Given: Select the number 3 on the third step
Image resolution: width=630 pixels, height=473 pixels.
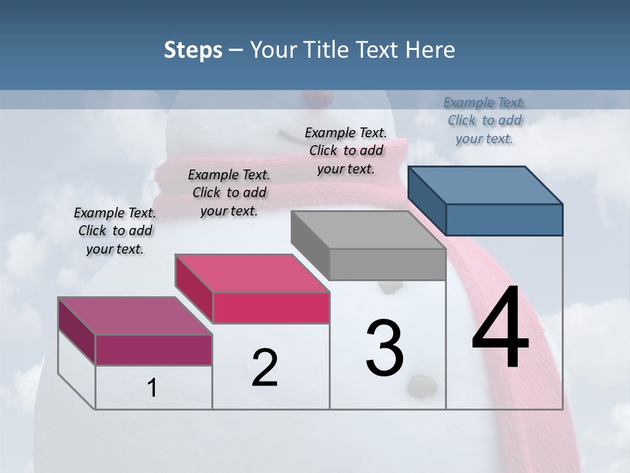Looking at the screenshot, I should point(384,348).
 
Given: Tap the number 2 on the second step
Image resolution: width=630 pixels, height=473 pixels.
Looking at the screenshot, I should point(264,367).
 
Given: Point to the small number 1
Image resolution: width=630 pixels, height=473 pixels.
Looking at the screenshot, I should point(152,388).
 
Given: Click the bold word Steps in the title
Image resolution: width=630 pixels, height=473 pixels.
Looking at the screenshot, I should point(193,50).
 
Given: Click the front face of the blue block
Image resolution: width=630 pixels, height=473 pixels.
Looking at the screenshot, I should point(504,219).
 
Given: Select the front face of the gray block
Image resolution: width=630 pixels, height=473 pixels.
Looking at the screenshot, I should point(387,264).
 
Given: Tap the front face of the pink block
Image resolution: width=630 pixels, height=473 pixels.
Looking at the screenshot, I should point(270,307).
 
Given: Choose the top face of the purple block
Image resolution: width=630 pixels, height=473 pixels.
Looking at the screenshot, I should point(135,315).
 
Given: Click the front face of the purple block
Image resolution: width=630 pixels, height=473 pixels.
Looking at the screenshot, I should point(154,349).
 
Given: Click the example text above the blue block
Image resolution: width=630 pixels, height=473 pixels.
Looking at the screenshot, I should point(484,120).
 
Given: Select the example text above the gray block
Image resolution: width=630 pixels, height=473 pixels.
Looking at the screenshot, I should point(346,150).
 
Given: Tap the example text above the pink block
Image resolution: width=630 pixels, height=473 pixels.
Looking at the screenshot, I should point(229,192).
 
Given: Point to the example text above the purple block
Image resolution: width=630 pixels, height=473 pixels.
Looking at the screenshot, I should point(115,231).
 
